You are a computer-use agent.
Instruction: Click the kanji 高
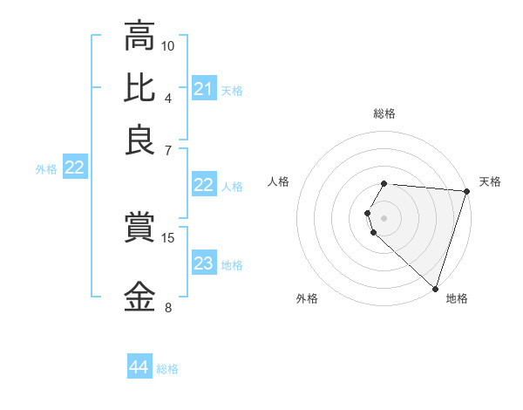point(139,37)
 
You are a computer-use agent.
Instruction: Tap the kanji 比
point(139,87)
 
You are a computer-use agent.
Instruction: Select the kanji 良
point(139,140)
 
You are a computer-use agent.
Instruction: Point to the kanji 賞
point(139,229)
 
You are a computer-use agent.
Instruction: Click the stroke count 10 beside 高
point(168,45)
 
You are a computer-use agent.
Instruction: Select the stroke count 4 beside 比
point(168,97)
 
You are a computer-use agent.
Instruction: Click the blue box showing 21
point(204,89)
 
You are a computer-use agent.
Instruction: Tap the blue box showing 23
point(204,264)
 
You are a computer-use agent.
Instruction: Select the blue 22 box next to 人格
point(204,185)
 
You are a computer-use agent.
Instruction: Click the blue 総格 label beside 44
point(167,369)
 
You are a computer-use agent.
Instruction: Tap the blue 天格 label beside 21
point(232,90)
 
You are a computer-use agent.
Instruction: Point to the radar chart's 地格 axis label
point(457,298)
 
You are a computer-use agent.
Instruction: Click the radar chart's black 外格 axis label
point(307,298)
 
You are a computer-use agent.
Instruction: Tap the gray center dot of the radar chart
point(384,217)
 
